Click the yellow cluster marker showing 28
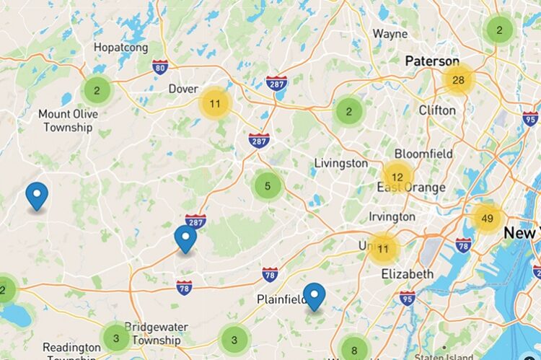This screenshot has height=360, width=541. pyautogui.click(x=458, y=80)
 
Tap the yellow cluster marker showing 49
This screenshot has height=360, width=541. pyautogui.click(x=487, y=218)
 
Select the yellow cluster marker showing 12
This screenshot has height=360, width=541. pyautogui.click(x=397, y=177)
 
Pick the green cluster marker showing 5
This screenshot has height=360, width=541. pyautogui.click(x=268, y=186)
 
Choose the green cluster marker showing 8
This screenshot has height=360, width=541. pyautogui.click(x=353, y=351)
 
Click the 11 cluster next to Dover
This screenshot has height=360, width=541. pyautogui.click(x=215, y=104)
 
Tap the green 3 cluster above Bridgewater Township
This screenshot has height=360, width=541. pyautogui.click(x=116, y=337)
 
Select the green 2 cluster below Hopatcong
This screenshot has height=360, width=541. pyautogui.click(x=97, y=91)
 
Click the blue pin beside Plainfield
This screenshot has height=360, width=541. pyautogui.click(x=314, y=297)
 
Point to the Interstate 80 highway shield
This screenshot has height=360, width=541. pyautogui.click(x=160, y=67)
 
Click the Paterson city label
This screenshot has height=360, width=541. pyautogui.click(x=432, y=61)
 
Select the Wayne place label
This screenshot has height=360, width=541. pyautogui.click(x=390, y=34)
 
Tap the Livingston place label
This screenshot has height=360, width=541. pyautogui.click(x=340, y=164)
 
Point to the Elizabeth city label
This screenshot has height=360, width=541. pyautogui.click(x=407, y=274)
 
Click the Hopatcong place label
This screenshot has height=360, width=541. pyautogui.click(x=121, y=48)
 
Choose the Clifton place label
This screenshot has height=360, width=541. pyautogui.click(x=437, y=110)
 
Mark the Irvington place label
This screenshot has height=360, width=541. pyautogui.click(x=392, y=217)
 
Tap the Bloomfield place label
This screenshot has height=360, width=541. pyautogui.click(x=423, y=154)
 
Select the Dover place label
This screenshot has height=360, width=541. pyautogui.click(x=183, y=89)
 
